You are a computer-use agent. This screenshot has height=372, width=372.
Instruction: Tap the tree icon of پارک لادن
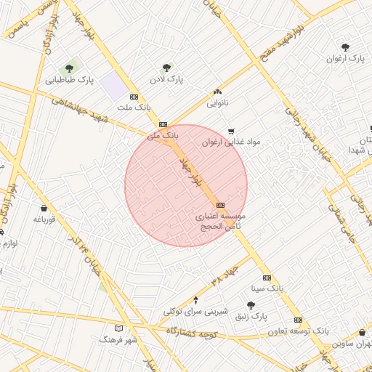[x=167, y=68]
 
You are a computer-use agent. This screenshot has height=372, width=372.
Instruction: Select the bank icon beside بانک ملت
[x=134, y=96]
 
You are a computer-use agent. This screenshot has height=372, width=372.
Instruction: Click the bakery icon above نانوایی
[x=217, y=92]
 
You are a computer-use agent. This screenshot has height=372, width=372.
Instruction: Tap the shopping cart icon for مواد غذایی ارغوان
[x=231, y=132]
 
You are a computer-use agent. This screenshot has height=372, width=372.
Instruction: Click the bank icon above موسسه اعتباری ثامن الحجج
[x=221, y=205]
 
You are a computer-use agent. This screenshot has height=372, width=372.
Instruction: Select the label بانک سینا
[x=267, y=288]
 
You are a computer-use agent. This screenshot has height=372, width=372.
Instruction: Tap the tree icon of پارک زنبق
[x=251, y=306]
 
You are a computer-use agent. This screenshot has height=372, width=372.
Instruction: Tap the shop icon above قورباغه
[x=44, y=208]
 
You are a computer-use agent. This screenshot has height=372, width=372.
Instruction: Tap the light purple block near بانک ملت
[x=113, y=85]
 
